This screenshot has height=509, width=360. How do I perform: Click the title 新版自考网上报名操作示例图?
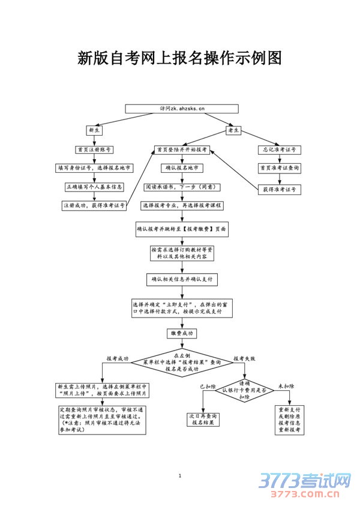[180, 58]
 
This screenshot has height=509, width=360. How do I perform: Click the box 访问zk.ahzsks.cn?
[182, 109]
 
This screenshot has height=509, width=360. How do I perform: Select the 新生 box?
[95, 130]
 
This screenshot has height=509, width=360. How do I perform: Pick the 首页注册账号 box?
[95, 149]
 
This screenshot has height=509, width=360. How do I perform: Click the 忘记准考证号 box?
[279, 149]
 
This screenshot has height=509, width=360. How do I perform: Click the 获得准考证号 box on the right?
[279, 190]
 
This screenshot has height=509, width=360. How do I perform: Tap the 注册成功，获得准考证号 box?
[95, 205]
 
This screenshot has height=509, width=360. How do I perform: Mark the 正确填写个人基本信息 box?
[95, 187]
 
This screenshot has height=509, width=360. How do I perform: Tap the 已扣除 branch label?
[208, 387]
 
